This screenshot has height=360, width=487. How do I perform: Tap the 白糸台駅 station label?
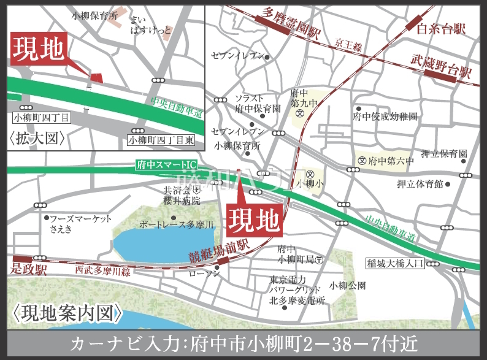pyautogui.click(x=441, y=29)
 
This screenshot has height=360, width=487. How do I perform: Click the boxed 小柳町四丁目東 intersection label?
pyautogui.click(x=161, y=140)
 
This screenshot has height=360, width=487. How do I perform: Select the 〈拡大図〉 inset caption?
pyautogui.click(x=37, y=138)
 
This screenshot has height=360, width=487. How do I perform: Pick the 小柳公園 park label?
pyautogui.click(x=348, y=285)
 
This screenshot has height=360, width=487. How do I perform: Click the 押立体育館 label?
pyautogui.click(x=420, y=183)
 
